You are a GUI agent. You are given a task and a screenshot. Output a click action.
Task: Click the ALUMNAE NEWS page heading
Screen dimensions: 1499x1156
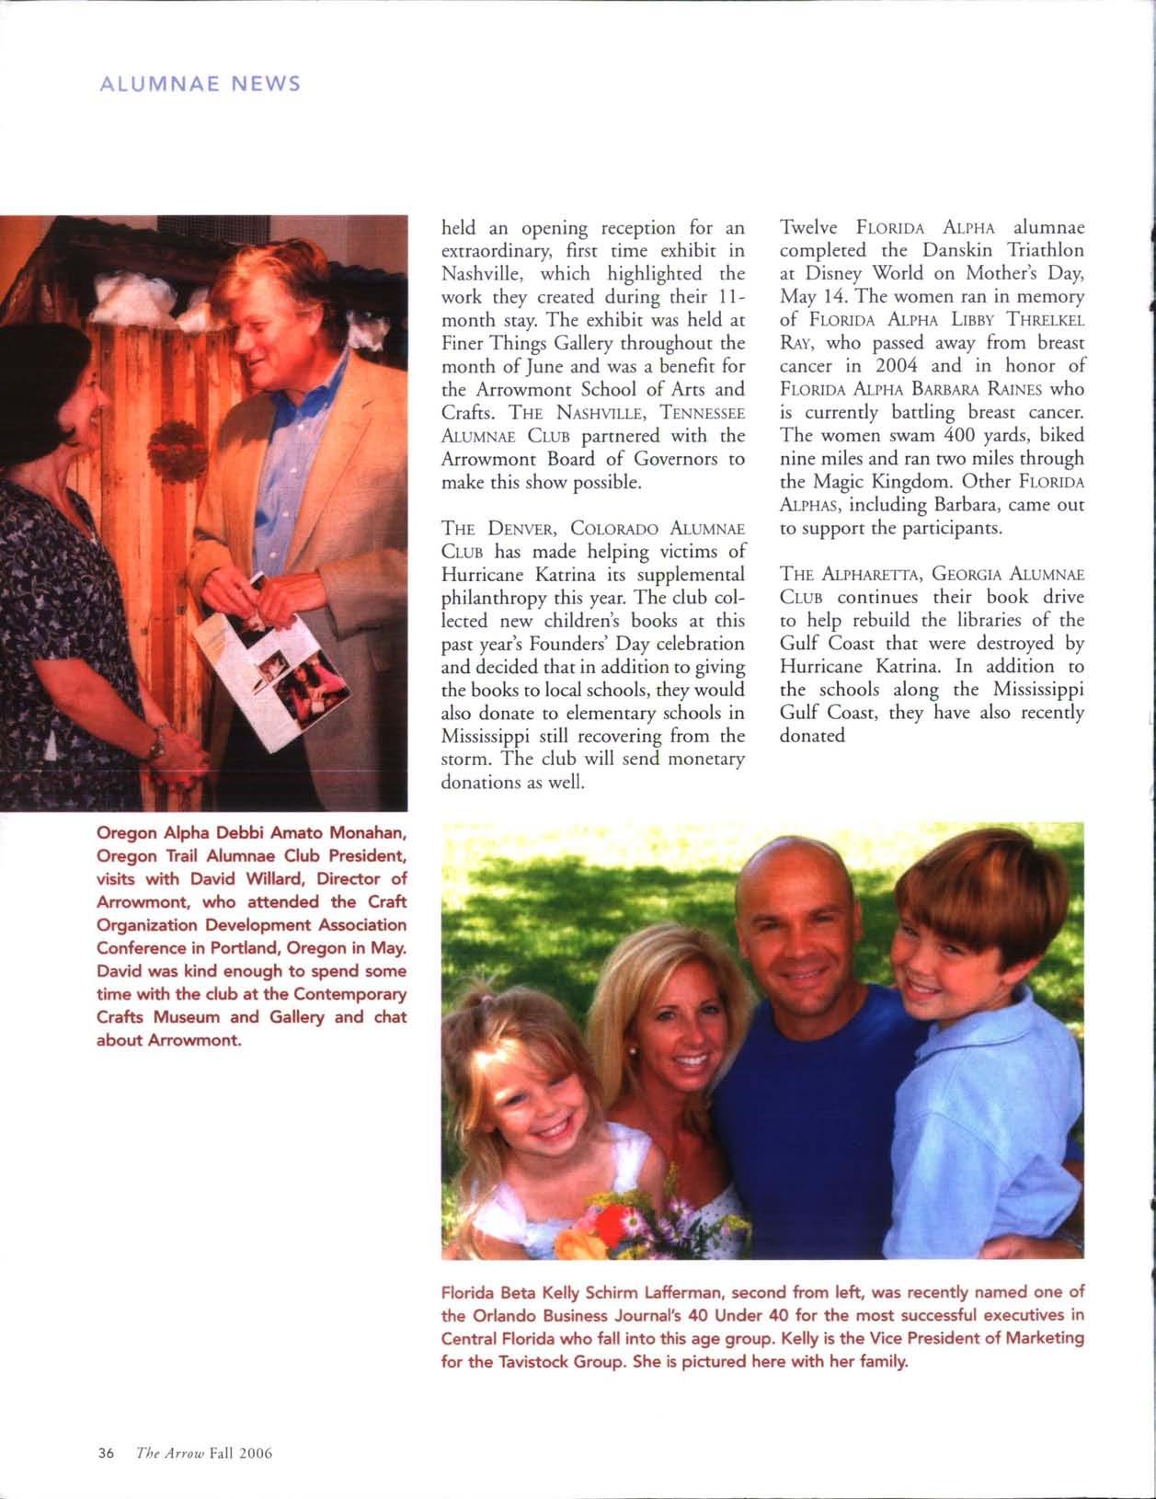(199, 84)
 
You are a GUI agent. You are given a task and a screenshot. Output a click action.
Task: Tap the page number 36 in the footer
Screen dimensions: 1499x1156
(105, 1453)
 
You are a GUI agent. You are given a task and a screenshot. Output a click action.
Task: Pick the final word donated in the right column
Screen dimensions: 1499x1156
(812, 736)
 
